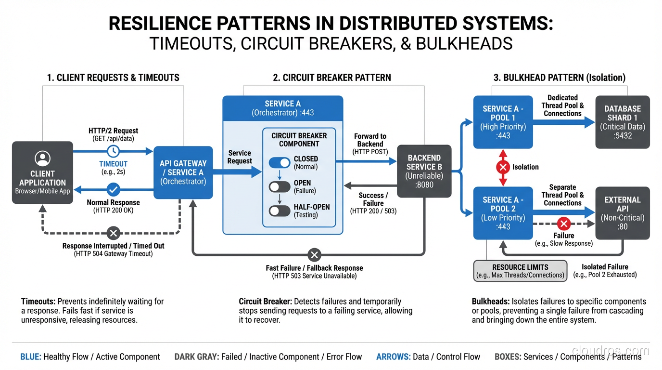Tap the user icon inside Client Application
[42, 158]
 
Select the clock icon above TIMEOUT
[114, 151]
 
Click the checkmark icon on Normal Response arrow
[114, 189]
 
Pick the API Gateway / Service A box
[183, 172]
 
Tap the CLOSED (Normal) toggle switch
[280, 163]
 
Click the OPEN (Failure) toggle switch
[280, 187]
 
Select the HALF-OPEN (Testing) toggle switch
[280, 211]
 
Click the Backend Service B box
[424, 171]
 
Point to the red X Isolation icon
[503, 167]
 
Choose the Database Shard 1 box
[623, 122]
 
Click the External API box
[623, 213]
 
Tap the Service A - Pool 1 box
[503, 122]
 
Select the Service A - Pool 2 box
[503, 213]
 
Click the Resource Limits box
[520, 271]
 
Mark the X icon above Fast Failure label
[314, 254]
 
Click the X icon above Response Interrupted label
[113, 233]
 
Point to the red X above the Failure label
[563, 224]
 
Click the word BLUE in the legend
[30, 357]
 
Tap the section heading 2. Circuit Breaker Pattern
[332, 78]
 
